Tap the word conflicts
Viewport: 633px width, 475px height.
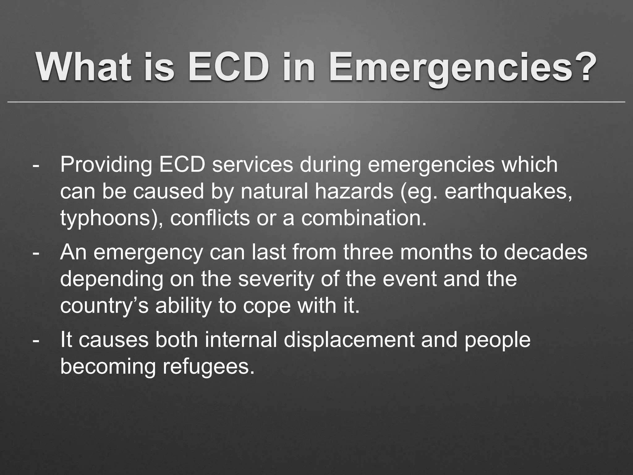coord(210,218)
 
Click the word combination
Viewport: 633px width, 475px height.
coord(363,218)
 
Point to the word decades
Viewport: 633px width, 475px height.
coord(546,252)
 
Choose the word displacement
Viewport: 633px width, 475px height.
coord(349,340)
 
